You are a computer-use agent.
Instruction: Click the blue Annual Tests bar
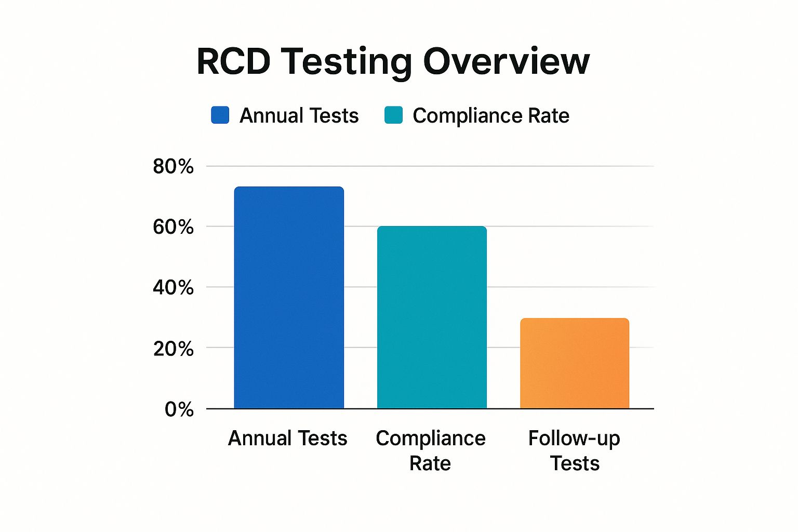coord(289,298)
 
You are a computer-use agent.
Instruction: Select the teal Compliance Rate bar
coord(432,317)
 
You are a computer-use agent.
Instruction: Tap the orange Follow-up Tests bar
coord(575,363)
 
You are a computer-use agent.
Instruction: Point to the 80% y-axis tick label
coord(173,167)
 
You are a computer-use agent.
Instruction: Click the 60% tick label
coord(173,227)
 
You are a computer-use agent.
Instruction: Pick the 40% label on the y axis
coord(173,287)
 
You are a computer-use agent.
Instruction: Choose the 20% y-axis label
coord(173,348)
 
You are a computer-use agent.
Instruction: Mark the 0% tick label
coord(179,409)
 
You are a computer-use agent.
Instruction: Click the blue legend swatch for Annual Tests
coord(220,115)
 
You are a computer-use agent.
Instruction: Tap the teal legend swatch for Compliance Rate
coord(393,115)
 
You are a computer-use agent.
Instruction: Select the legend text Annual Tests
coord(299,115)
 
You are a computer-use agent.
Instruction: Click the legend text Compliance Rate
coord(491,115)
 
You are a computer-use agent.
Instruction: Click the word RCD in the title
coord(234,61)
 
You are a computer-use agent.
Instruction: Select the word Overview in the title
coord(507,61)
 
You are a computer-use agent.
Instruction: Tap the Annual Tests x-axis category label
coord(287,438)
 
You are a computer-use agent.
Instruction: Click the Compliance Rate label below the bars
coord(431,450)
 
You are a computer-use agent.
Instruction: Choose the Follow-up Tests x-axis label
coord(575,450)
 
